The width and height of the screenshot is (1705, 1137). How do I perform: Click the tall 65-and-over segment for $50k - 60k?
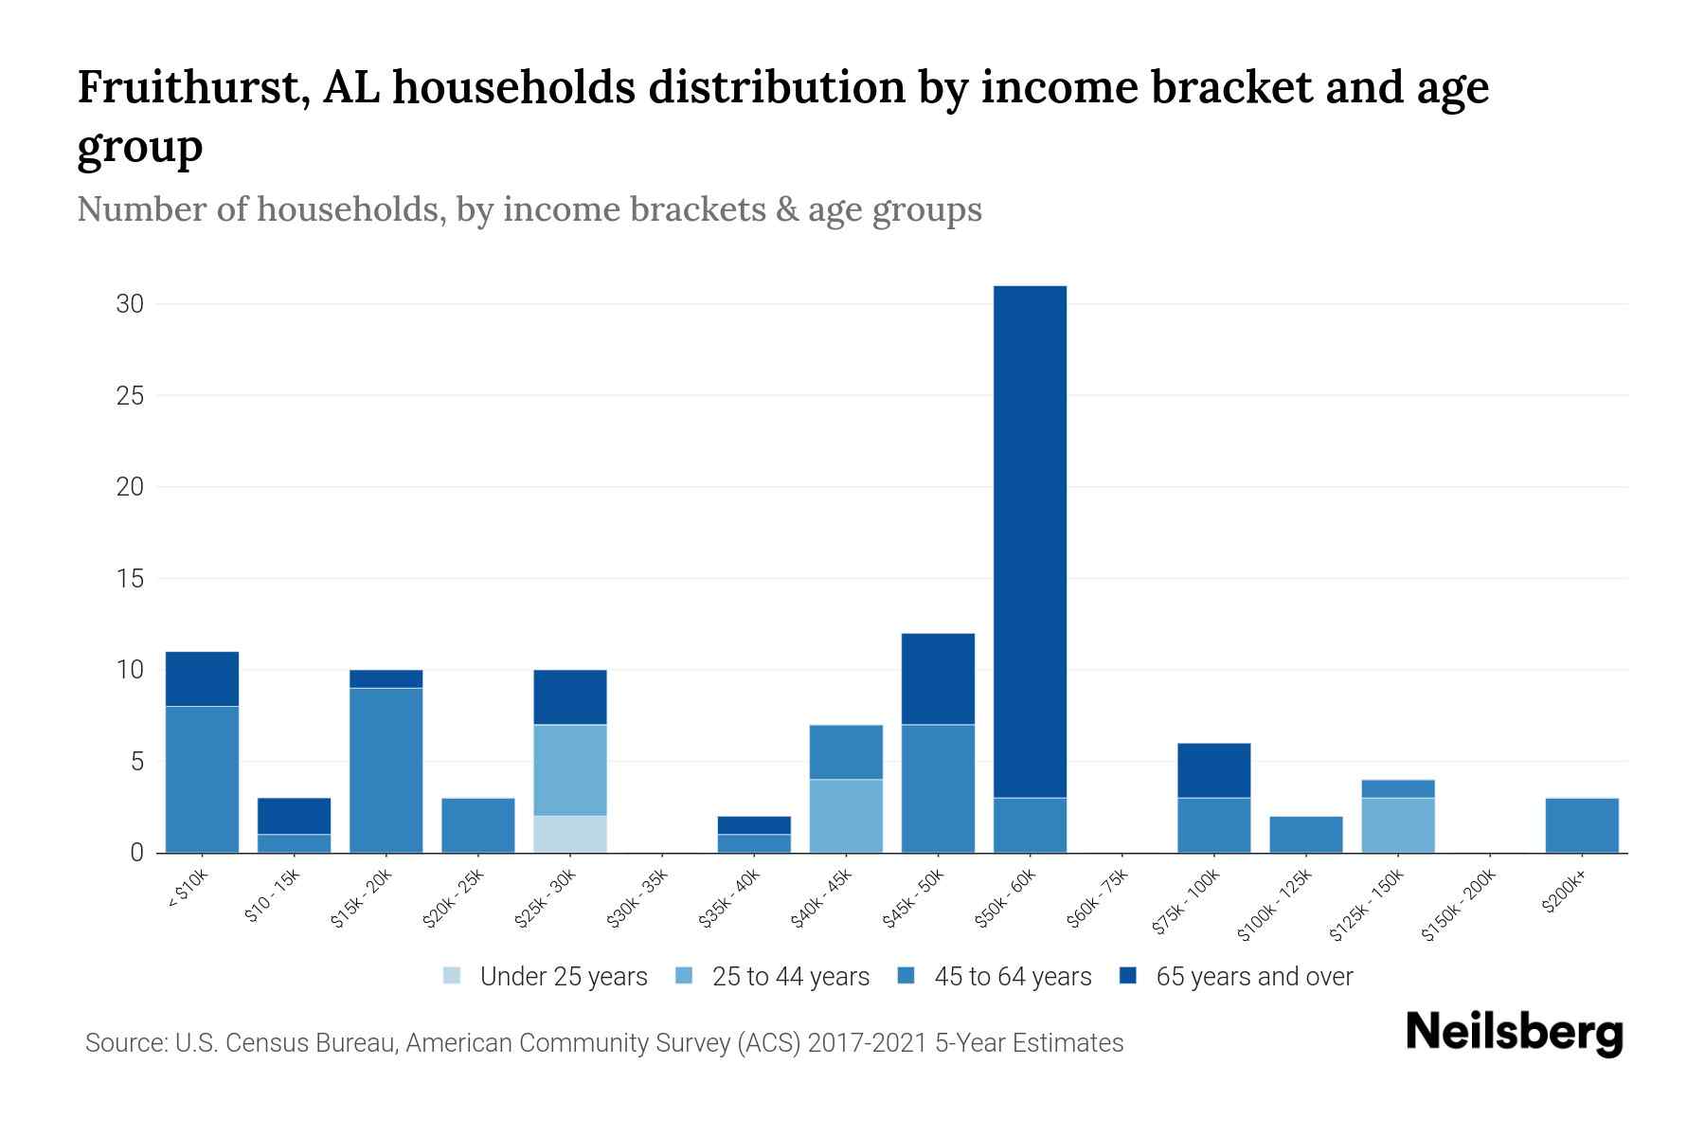[x=1030, y=540]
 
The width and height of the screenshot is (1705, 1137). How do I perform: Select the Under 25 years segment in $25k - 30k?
[x=570, y=834]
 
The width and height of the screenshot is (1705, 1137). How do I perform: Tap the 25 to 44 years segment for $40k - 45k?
[x=846, y=816]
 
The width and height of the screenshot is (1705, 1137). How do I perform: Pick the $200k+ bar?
[x=1581, y=825]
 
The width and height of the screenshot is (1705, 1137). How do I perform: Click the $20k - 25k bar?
[x=478, y=825]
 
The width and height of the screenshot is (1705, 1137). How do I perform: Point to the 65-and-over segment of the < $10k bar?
[x=202, y=678]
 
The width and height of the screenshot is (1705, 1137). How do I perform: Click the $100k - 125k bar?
[x=1305, y=835]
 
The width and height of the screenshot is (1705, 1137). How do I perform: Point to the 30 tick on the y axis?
[x=130, y=304]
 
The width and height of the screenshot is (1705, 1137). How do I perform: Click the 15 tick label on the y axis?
[x=130, y=578]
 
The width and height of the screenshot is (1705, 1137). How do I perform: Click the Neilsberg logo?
[x=1514, y=1033]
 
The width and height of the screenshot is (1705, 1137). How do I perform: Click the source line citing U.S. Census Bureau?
[x=604, y=1043]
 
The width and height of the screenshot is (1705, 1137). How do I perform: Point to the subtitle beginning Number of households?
[x=529, y=209]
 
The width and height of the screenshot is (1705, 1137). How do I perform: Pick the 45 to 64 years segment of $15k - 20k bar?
[x=386, y=770]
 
